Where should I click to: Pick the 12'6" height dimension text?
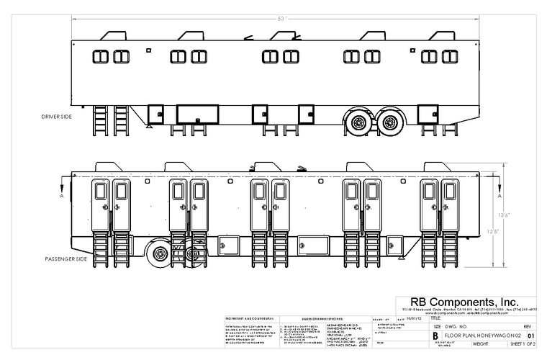point(492,231)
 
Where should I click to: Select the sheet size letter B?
point(435,335)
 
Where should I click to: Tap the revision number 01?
point(531,335)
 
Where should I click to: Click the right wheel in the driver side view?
point(389,122)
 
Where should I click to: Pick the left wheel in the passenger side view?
point(161,256)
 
